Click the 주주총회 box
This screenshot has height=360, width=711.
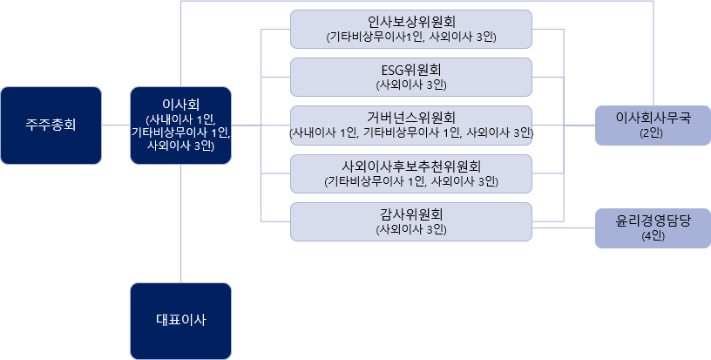[51, 125]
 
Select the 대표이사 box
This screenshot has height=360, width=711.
[180, 319]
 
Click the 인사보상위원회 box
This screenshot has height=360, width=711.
[411, 29]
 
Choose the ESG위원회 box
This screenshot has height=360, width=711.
[411, 77]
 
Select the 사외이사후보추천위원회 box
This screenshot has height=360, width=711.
[411, 173]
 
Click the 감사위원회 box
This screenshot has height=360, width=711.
[411, 221]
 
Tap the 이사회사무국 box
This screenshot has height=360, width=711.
[652, 126]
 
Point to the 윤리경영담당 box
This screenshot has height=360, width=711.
[652, 229]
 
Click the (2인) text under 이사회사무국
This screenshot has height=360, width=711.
[652, 133]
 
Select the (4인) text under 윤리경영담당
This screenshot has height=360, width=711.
[652, 237]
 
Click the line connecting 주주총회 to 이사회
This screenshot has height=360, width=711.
[116, 125]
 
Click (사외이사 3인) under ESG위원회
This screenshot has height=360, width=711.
[411, 85]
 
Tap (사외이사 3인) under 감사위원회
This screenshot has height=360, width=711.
[411, 230]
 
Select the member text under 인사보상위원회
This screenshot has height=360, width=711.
[411, 37]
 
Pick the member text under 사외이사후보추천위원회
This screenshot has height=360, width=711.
[411, 181]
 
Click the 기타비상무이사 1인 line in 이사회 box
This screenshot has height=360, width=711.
[180, 132]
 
